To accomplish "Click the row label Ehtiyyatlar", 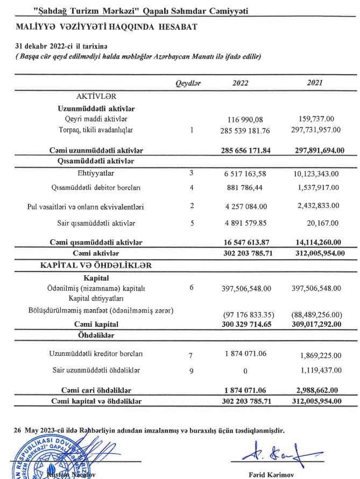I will (95, 174).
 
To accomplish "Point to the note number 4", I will (192, 188).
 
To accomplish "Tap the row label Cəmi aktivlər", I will (95, 253).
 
